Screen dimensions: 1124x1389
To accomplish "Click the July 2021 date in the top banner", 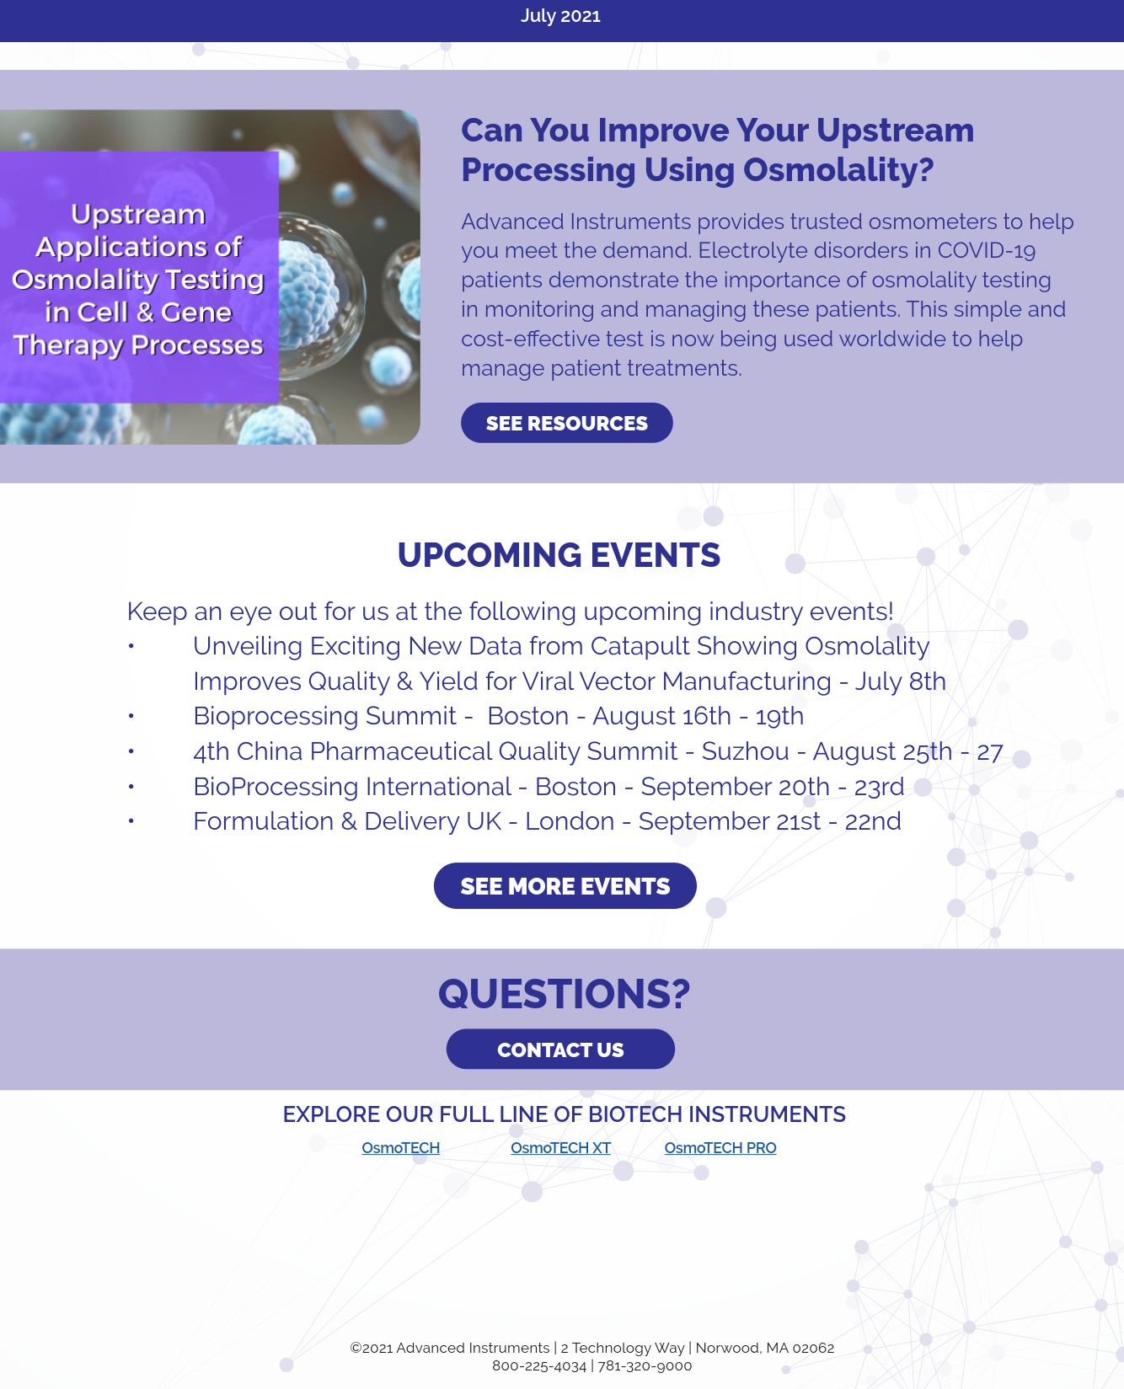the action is (x=560, y=16).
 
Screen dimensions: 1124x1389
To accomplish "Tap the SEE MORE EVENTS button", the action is (x=565, y=886).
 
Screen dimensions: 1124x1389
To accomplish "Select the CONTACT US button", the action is (x=560, y=1050).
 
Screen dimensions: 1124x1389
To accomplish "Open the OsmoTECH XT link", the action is (x=560, y=1148).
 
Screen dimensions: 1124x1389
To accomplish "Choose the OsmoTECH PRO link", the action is (x=720, y=1148).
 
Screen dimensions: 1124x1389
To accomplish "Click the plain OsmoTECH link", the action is (x=401, y=1148).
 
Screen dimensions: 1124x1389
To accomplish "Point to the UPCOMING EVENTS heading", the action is (x=559, y=555).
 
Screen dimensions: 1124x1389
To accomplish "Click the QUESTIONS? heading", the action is (x=564, y=994).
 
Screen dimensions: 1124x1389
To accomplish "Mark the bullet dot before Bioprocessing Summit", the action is (x=131, y=716).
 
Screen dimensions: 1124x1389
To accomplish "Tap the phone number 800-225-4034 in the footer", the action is (x=539, y=1366).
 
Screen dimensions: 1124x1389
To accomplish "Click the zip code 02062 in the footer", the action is (x=813, y=1348).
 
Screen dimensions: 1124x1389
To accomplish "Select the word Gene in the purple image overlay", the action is (x=196, y=313).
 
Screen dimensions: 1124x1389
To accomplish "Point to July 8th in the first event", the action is (x=901, y=681).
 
